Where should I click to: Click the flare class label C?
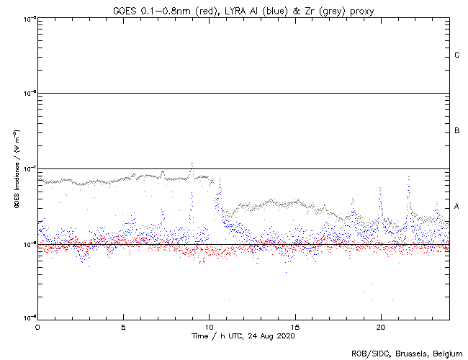[x=456, y=55]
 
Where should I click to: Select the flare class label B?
[x=456, y=131]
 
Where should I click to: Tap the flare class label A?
[x=456, y=207]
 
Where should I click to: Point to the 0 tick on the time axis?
[x=37, y=326]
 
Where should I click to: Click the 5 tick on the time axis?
[x=123, y=326]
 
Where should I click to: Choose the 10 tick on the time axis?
[x=209, y=326]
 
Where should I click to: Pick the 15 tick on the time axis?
[x=294, y=326]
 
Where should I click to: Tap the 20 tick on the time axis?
[x=380, y=326]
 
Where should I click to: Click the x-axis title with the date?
[x=243, y=336]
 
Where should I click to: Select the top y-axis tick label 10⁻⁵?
[x=28, y=18]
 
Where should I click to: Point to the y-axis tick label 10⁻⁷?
[x=28, y=168]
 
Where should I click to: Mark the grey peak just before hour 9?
[x=192, y=164]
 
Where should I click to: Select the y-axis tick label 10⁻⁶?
[x=28, y=93]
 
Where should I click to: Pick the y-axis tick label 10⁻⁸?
[x=28, y=244]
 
